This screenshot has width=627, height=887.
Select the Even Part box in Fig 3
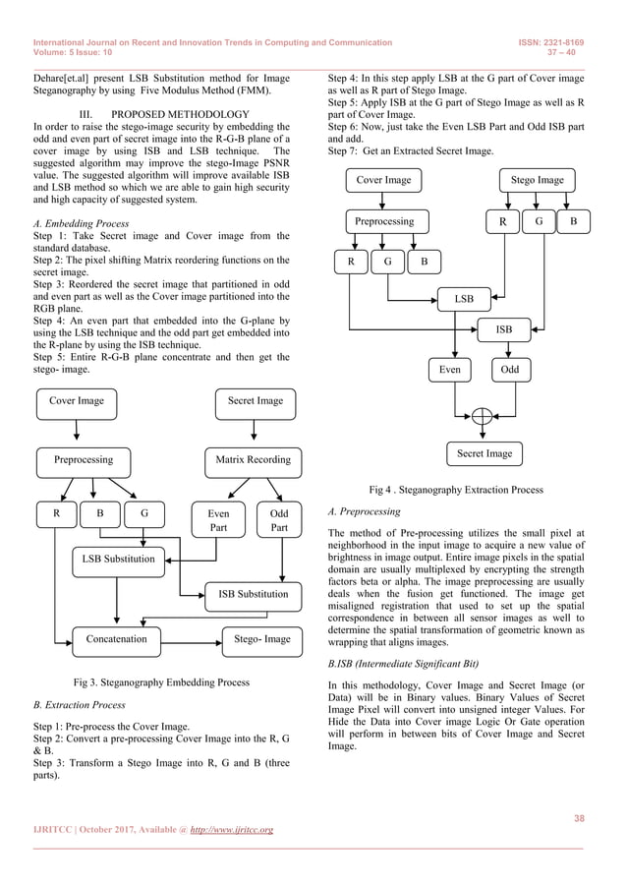pos(219,520)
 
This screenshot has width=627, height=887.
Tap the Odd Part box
pos(279,520)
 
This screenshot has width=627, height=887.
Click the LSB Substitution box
pos(117,560)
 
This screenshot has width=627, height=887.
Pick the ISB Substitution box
pos(248,594)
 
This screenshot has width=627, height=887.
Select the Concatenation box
pos(116,639)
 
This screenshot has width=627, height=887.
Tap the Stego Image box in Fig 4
pos(538,181)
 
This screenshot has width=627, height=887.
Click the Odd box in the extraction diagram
pos(510,370)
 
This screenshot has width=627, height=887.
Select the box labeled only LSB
pos(464,296)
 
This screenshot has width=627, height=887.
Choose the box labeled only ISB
pos(503,329)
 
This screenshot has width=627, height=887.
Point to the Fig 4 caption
pos(454,490)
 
